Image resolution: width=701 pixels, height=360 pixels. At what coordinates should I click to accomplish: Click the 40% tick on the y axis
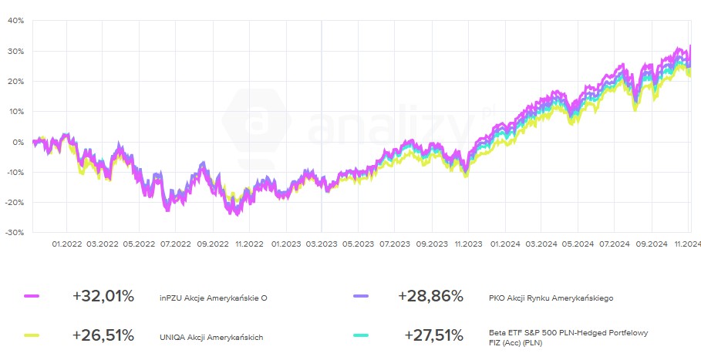tap(16, 21)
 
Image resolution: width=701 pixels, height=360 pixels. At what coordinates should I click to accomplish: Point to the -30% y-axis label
tap(15, 232)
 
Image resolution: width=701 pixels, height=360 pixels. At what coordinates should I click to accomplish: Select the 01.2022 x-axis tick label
tap(66, 244)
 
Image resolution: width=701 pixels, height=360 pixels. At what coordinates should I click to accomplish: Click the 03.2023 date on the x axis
tap(322, 244)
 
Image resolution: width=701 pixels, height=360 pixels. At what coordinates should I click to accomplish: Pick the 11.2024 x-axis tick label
tap(687, 244)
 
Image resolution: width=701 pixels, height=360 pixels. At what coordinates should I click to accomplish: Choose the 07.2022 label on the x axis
tap(175, 244)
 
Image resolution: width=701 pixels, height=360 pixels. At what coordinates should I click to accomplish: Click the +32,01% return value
tap(103, 296)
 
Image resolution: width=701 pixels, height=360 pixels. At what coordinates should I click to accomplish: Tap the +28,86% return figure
tap(431, 296)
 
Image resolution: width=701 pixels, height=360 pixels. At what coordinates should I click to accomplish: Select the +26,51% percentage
tap(103, 335)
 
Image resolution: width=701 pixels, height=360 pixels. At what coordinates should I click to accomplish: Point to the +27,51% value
tap(433, 335)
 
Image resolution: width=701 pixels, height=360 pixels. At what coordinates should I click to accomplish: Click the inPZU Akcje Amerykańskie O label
tap(214, 297)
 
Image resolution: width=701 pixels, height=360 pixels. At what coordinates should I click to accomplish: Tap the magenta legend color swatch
tap(32, 296)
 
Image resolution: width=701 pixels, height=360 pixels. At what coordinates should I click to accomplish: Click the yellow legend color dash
tap(32, 335)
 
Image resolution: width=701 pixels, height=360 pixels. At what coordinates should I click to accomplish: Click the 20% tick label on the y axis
tap(16, 81)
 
